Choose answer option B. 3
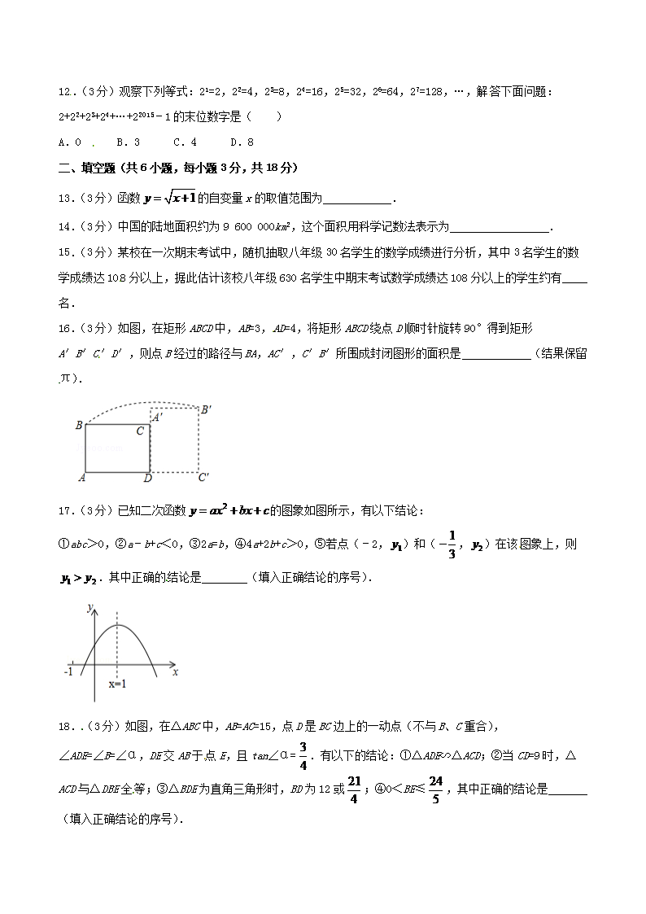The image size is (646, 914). [129, 142]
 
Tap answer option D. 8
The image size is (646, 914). [242, 142]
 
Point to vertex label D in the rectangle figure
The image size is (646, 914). [147, 478]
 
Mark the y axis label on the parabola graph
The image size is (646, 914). [89, 606]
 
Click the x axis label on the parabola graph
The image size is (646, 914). [176, 672]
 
